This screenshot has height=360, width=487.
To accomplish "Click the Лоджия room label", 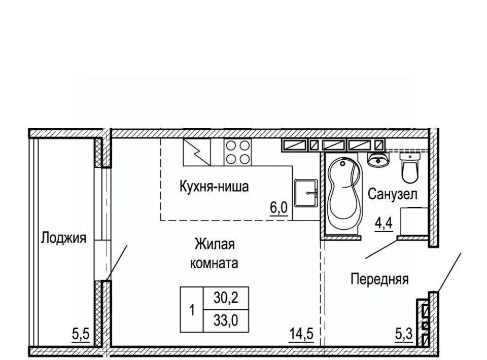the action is pyautogui.click(x=63, y=238).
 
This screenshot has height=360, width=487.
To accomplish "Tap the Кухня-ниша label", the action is pyautogui.click(x=214, y=187).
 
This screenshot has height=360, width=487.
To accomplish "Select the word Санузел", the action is pyautogui.click(x=393, y=194).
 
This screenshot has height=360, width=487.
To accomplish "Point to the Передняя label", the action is pyautogui.click(x=379, y=279).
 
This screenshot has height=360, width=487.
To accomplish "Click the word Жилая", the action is pyautogui.click(x=215, y=244).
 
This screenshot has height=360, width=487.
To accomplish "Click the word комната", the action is pyautogui.click(x=214, y=263).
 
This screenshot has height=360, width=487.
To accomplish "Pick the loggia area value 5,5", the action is pyautogui.click(x=81, y=335).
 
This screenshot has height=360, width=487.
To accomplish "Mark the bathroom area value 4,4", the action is pyautogui.click(x=384, y=224).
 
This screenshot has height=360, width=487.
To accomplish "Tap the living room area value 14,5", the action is pyautogui.click(x=301, y=335).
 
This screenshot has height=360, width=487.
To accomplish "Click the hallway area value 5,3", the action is pyautogui.click(x=404, y=335).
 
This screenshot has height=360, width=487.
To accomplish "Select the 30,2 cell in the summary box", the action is pyautogui.click(x=225, y=298).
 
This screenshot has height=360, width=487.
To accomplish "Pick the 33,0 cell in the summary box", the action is pyautogui.click(x=225, y=321).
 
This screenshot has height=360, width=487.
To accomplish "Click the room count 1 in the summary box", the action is pyautogui.click(x=192, y=310).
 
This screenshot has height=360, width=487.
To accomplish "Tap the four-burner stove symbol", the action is pyautogui.click(x=238, y=152).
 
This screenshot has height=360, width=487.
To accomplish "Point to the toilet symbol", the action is pyautogui.click(x=410, y=167).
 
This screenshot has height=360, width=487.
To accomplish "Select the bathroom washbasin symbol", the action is pyautogui.click(x=377, y=159).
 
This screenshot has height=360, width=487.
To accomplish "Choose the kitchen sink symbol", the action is pyautogui.click(x=305, y=193).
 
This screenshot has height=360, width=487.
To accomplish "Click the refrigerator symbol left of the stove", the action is pyautogui.click(x=197, y=152).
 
